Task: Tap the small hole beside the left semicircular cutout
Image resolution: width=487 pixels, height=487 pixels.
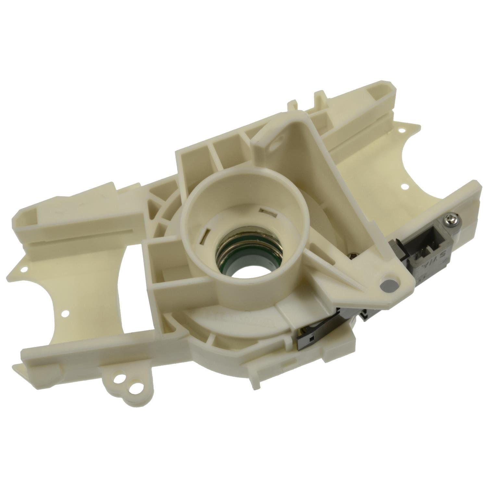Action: [66, 313]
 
